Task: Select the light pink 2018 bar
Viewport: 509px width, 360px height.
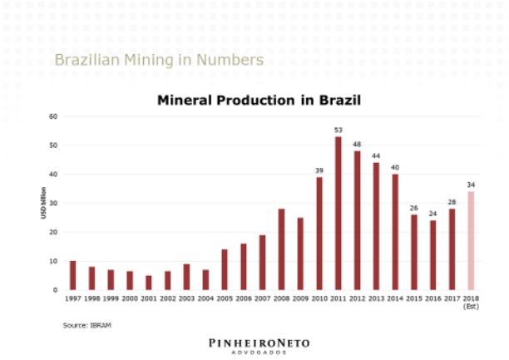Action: [471, 240]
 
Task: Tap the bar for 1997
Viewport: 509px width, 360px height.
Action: [72, 275]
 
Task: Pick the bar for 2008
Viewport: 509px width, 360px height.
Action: [281, 249]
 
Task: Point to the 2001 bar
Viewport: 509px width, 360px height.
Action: [148, 283]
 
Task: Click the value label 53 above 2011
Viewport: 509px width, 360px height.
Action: [339, 130]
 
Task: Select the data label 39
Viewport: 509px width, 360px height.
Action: [319, 170]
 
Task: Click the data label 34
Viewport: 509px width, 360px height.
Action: [471, 185]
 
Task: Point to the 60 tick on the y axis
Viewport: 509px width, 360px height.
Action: [52, 116]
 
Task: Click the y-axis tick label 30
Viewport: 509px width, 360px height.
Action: [52, 203]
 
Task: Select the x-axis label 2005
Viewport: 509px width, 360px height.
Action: [225, 297]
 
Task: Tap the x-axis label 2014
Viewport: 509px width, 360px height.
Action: [395, 297]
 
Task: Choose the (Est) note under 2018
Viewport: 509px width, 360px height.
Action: [471, 305]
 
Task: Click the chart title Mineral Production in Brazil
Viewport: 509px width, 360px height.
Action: [259, 100]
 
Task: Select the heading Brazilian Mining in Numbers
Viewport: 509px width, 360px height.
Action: [159, 60]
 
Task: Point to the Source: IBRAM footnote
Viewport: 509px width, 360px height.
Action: [87, 324]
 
